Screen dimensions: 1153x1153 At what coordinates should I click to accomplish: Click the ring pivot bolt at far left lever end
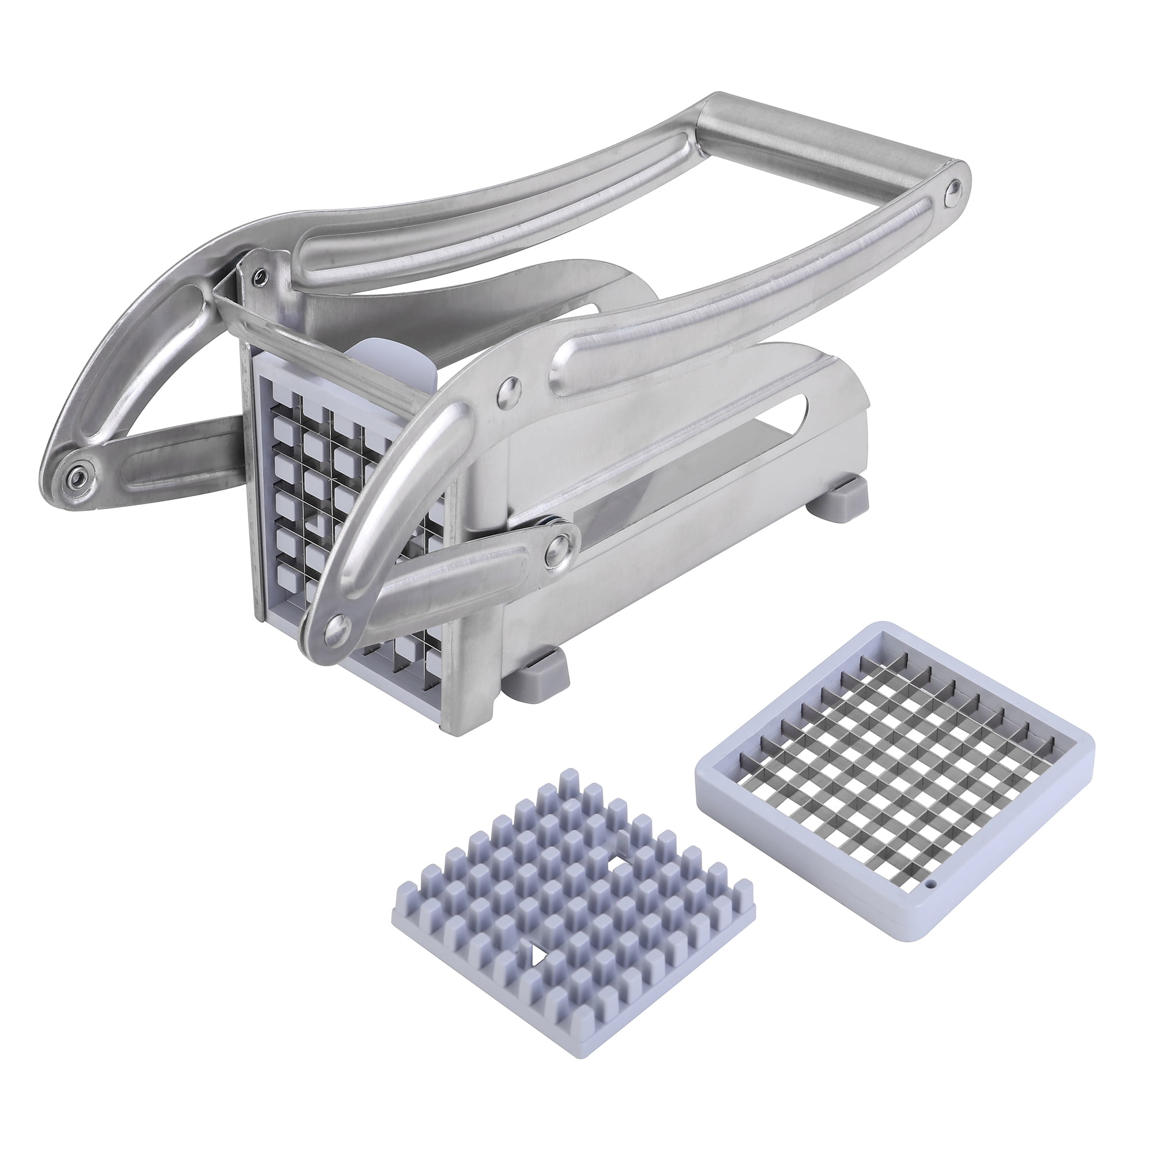[x=77, y=478]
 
